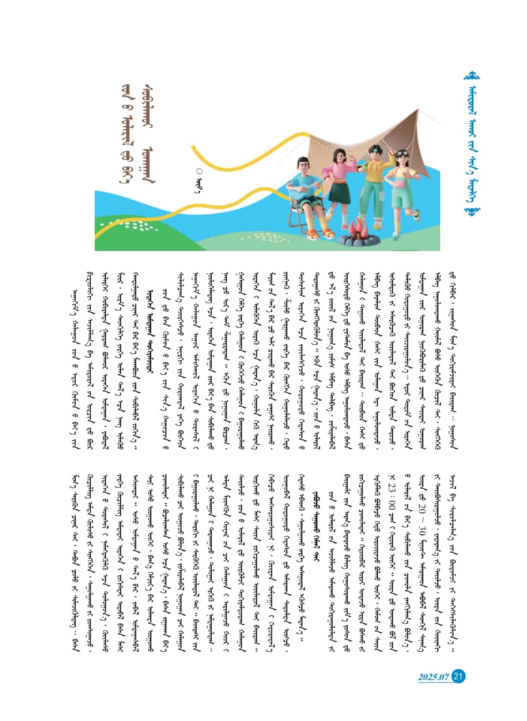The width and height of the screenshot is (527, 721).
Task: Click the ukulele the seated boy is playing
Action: point(308,185)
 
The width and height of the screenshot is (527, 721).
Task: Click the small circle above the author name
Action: point(199,171)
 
